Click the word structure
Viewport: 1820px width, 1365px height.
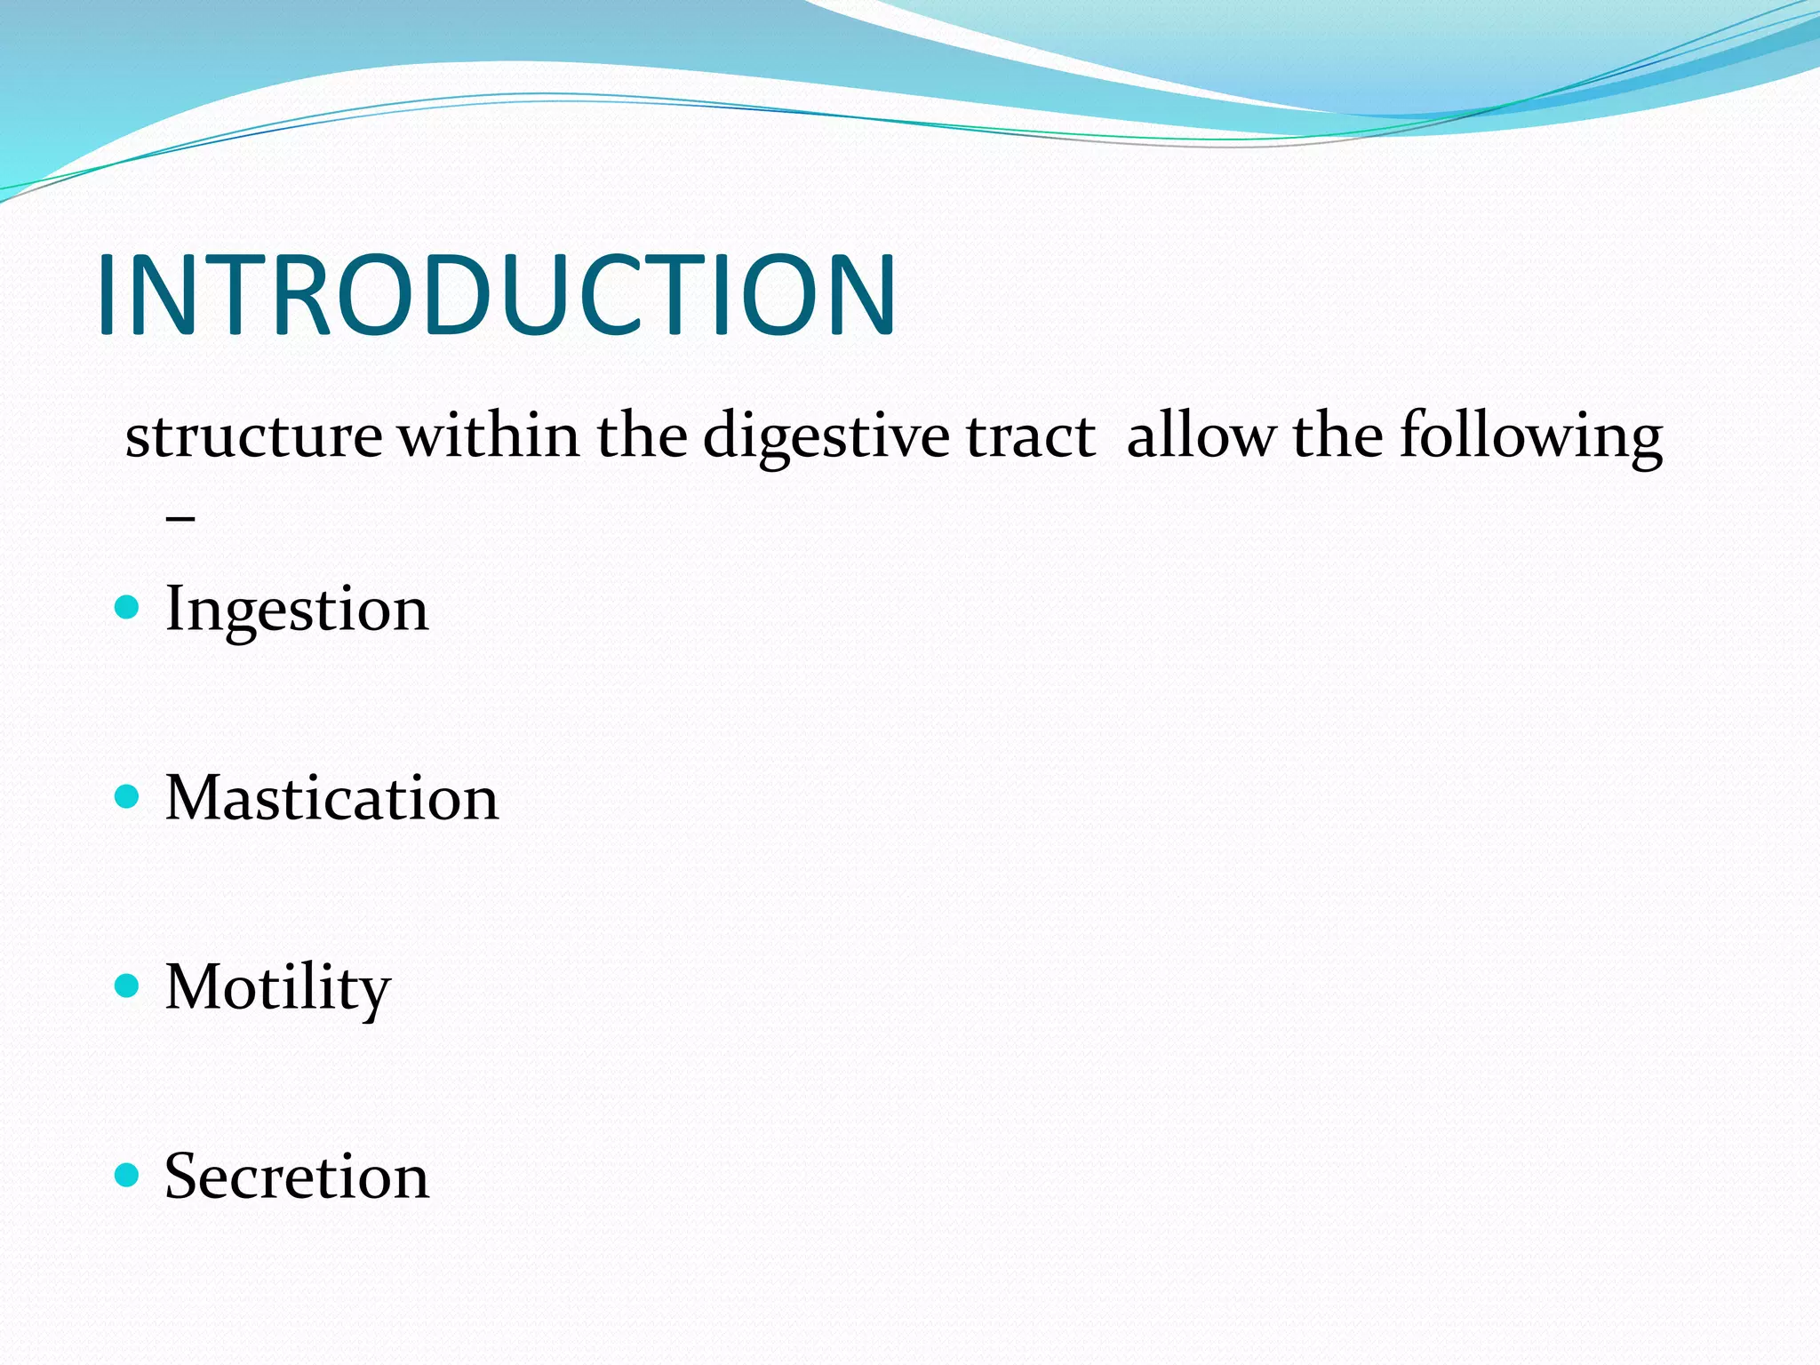click(x=253, y=437)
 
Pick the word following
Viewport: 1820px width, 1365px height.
click(x=1530, y=437)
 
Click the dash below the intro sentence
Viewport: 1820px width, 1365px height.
click(x=180, y=517)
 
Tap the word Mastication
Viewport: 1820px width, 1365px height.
click(x=331, y=798)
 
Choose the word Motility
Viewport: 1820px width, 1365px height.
click(x=277, y=988)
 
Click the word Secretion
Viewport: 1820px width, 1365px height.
click(x=297, y=1177)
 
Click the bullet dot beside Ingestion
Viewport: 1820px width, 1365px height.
click(x=128, y=608)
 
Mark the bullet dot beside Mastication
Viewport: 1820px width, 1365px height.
click(x=128, y=796)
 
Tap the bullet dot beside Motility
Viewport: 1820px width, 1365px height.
click(x=128, y=986)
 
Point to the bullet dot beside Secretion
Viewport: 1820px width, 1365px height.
click(x=128, y=1175)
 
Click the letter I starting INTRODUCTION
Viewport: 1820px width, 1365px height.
click(x=108, y=295)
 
